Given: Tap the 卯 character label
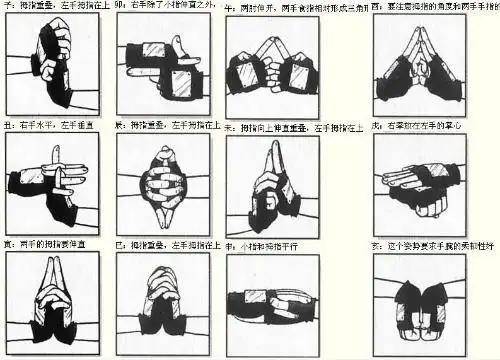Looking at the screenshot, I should (x=118, y=6).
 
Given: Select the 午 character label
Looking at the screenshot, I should (x=229, y=6).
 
